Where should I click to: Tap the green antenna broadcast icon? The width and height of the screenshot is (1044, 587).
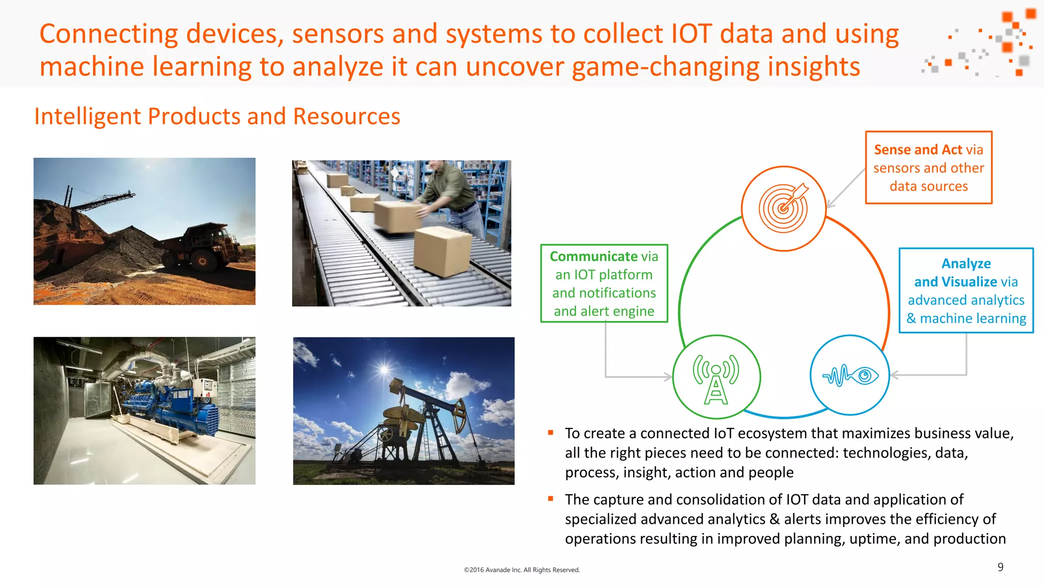(716, 378)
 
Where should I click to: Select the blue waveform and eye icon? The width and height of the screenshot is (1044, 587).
(850, 376)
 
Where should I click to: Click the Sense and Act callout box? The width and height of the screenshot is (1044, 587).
(928, 168)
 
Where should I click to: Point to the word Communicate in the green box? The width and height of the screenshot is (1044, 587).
(593, 256)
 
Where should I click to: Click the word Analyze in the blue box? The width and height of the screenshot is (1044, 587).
(966, 263)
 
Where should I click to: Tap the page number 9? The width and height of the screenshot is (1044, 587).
(1000, 567)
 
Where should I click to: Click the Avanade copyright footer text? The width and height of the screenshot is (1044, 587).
(521, 570)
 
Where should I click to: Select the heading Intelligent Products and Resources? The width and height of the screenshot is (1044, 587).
(217, 117)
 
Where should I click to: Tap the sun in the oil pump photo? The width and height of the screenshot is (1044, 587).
(384, 368)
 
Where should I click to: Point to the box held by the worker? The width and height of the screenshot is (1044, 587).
(397, 216)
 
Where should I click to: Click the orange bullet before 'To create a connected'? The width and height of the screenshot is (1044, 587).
(551, 433)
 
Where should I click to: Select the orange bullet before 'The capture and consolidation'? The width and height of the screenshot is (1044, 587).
(551, 499)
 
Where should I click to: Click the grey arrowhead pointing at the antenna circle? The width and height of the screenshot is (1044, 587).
(668, 377)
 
